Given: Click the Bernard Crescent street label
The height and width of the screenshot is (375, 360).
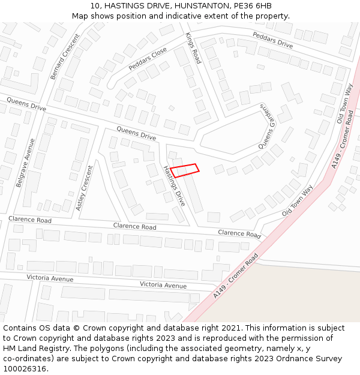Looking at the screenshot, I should [x=65, y=57].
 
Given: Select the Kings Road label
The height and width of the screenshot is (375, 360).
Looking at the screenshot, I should [x=193, y=48].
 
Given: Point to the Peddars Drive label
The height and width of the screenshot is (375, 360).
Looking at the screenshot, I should [x=272, y=40].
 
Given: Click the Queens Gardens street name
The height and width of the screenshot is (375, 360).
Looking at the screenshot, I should [x=266, y=126].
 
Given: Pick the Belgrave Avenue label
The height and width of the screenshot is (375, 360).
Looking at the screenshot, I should [x=26, y=163].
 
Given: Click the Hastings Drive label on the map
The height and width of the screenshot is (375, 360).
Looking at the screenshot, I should [x=175, y=186].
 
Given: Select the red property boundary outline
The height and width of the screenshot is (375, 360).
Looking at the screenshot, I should [x=184, y=170].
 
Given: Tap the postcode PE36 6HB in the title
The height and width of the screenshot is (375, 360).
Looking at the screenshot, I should [x=252, y=6].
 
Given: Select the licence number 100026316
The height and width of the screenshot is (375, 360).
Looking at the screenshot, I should [x=25, y=369].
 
